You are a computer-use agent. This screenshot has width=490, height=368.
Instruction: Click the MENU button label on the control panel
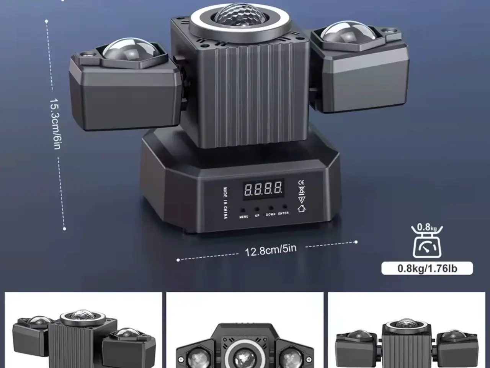click(243, 217)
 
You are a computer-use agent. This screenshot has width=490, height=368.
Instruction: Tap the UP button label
click(257, 215)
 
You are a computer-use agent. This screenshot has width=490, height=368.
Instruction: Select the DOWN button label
click(271, 215)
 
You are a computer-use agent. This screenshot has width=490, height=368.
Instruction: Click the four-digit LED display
click(263, 189)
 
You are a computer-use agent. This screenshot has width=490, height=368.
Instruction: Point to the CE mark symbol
click(301, 182)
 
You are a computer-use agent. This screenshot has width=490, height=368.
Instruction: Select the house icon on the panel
click(302, 209)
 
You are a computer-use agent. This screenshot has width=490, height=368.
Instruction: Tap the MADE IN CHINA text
click(225, 203)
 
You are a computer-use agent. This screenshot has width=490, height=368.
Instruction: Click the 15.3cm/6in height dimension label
click(55, 123)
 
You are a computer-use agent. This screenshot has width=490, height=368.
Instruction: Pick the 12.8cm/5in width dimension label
click(271, 250)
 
